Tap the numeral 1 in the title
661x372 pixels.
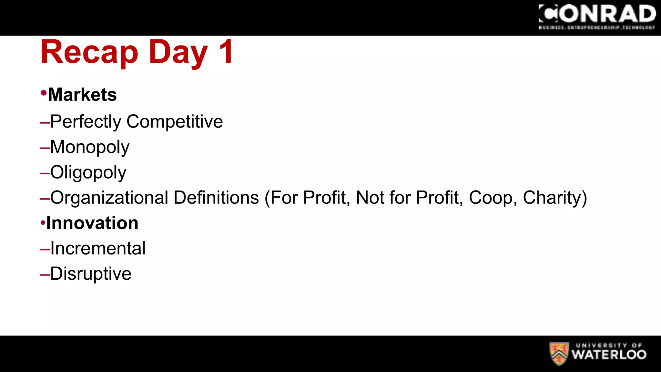(x=226, y=52)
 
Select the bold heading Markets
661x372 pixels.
(x=82, y=95)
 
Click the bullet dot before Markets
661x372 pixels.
(x=44, y=93)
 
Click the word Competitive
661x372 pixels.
(x=175, y=122)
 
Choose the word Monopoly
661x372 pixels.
(x=90, y=147)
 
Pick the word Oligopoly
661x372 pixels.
(x=88, y=172)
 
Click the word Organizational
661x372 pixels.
(x=109, y=198)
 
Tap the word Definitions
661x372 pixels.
(x=216, y=198)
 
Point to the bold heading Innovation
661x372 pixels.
(x=92, y=223)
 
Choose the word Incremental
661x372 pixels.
(x=98, y=248)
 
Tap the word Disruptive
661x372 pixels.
(x=91, y=274)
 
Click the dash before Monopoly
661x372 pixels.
(x=45, y=148)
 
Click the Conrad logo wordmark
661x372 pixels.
(x=597, y=15)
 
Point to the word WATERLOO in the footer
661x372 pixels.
(x=609, y=355)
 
